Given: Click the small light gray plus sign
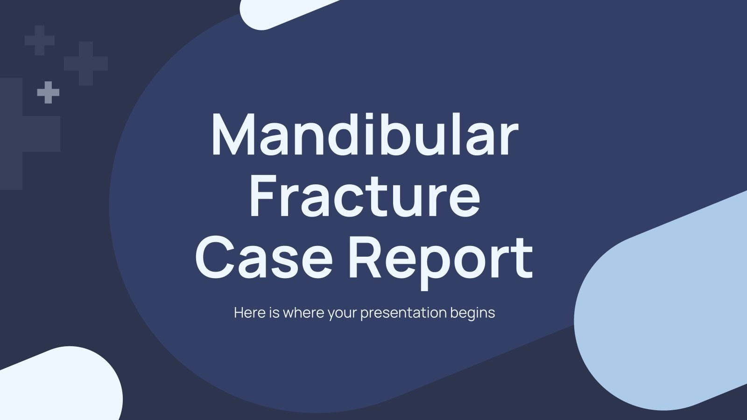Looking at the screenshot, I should coord(48,92).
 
